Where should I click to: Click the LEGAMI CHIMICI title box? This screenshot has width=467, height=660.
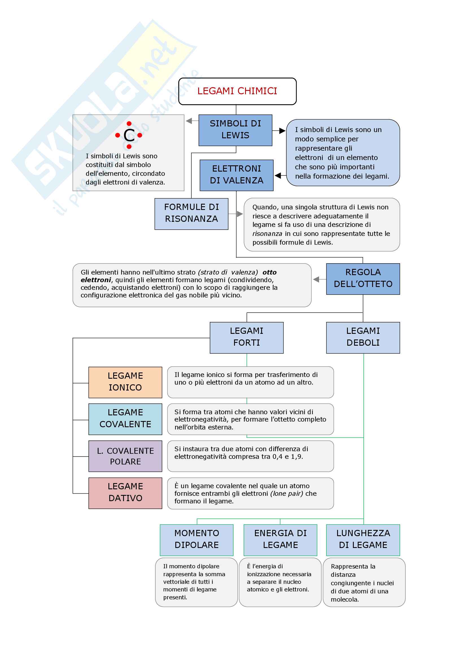tap(237, 91)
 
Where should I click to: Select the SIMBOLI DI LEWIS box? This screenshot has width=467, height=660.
tap(235, 130)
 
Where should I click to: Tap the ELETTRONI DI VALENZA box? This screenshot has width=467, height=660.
tap(236, 175)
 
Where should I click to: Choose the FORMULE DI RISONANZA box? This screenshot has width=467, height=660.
tap(191, 214)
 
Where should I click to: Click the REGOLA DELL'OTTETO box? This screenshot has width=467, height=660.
tap(363, 279)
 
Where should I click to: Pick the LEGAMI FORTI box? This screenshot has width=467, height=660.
tap(246, 337)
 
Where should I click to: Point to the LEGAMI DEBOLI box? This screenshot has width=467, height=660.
tap(363, 337)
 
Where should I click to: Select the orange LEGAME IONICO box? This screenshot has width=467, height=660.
tap(125, 382)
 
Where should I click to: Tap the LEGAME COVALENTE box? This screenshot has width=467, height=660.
tap(125, 419)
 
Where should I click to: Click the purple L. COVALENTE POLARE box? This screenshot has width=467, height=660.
tap(125, 456)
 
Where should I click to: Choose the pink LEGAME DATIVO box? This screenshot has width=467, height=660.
tap(125, 493)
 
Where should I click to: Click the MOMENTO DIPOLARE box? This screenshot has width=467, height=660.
tap(197, 540)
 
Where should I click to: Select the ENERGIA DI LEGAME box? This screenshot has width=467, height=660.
tap(280, 540)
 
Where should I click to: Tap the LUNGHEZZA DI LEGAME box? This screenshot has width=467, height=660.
tap(363, 540)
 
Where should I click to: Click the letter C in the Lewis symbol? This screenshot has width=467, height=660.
tap(129, 135)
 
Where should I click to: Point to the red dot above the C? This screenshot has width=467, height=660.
tap(129, 124)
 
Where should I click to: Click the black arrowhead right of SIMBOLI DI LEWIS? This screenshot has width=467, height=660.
tap(282, 131)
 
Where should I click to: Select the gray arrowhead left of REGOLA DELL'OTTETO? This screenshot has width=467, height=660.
tap(316, 279)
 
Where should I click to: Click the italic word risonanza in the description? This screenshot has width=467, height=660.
tap(267, 234)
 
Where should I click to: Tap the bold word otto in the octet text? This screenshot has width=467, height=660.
tap(269, 272)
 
